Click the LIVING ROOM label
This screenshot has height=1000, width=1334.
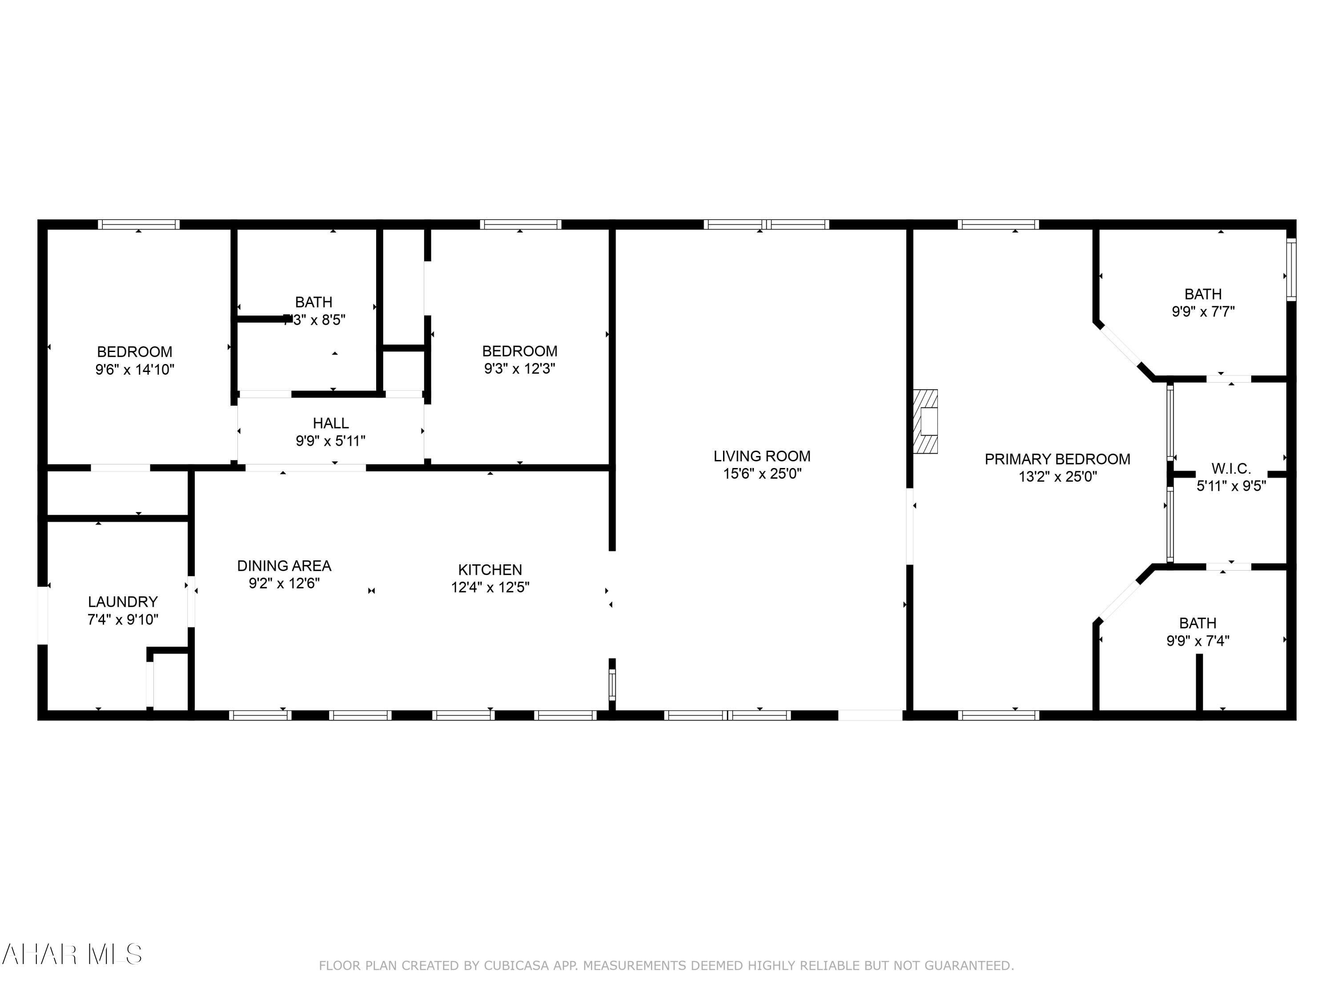click(x=762, y=456)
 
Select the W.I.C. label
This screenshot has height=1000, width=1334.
click(x=1231, y=468)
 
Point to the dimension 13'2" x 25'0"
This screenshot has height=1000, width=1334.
click(x=1057, y=477)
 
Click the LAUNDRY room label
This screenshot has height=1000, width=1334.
click(x=122, y=602)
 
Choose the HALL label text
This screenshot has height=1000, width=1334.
click(x=330, y=423)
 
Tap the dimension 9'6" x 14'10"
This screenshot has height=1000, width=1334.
click(x=134, y=369)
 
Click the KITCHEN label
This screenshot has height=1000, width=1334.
click(x=490, y=570)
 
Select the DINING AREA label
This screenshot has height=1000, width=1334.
click(x=284, y=566)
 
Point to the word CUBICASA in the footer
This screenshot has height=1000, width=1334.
click(x=517, y=966)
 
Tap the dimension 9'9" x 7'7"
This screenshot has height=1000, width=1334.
click(x=1203, y=312)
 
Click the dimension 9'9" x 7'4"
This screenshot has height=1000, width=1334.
click(x=1197, y=641)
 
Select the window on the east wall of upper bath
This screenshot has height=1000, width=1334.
click(x=1291, y=269)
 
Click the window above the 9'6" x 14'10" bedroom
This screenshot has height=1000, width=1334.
click(x=139, y=224)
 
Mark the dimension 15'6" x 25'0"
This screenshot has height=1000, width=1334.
click(x=762, y=474)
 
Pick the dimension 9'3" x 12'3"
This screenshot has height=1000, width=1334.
click(x=519, y=369)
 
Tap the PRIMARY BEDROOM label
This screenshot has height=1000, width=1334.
click(x=1057, y=459)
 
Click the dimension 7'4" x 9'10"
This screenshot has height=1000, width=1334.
click(x=122, y=619)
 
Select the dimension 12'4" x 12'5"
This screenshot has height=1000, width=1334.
click(x=490, y=587)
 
